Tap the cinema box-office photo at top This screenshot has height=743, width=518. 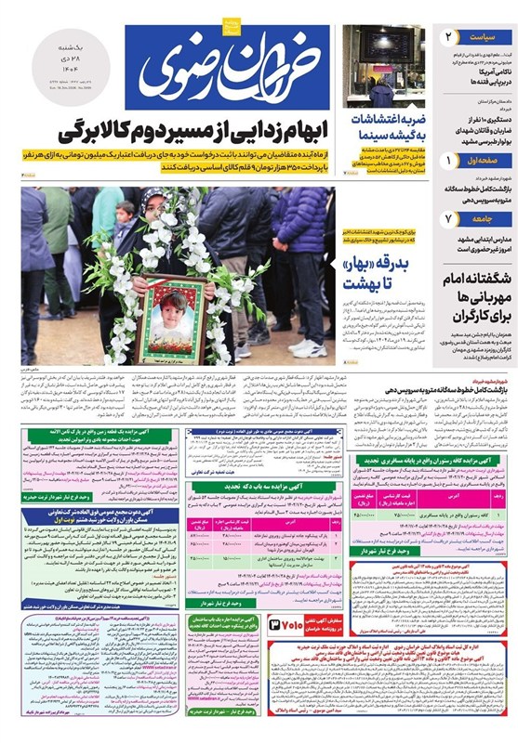coord(383,67)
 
